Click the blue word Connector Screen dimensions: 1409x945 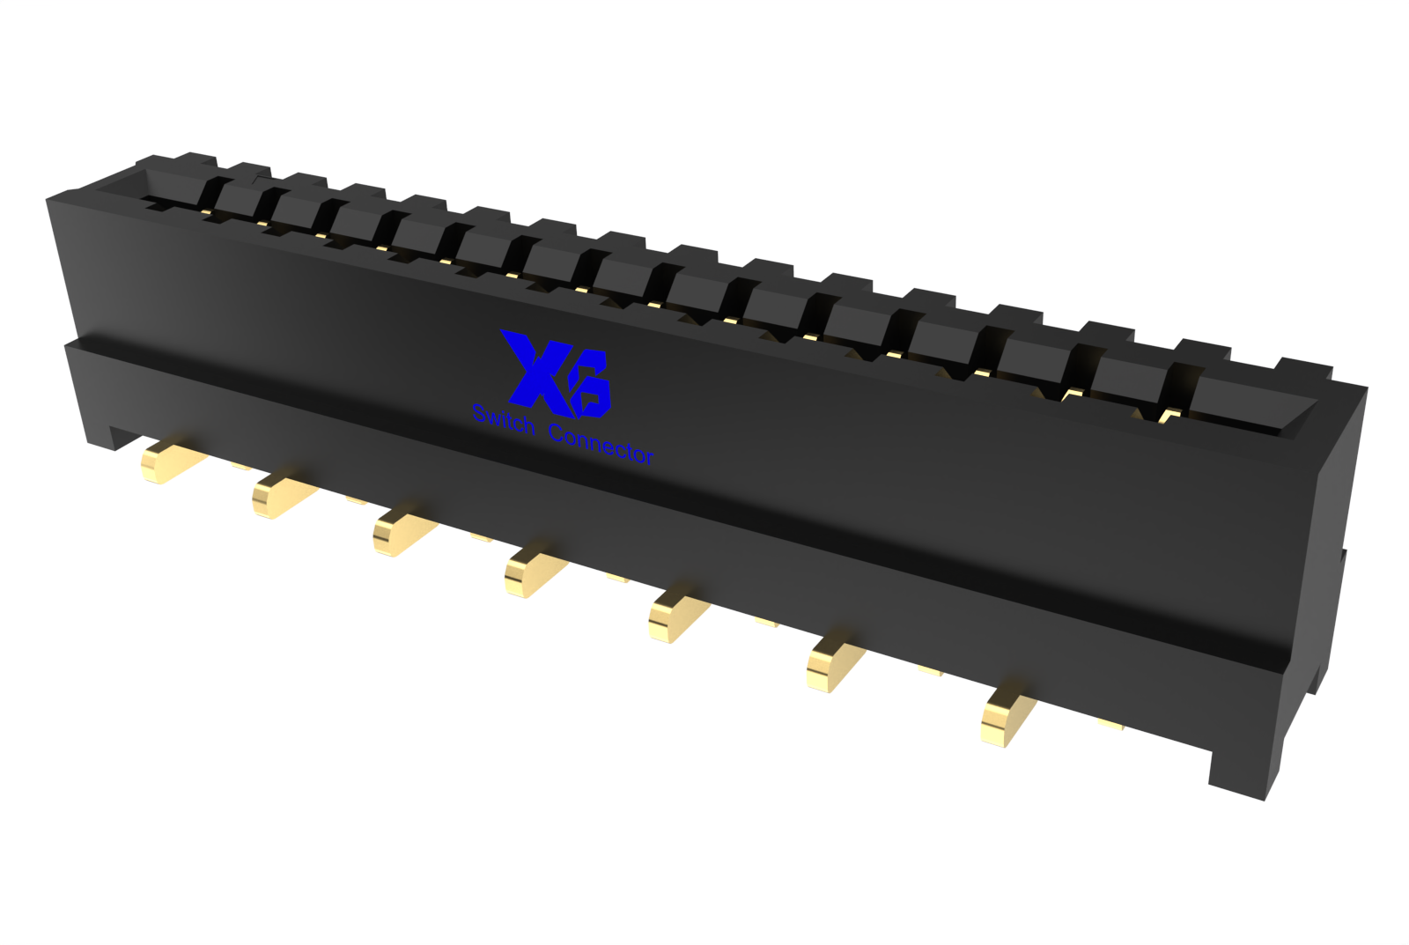click(x=601, y=446)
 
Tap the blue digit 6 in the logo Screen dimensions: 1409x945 click(x=591, y=385)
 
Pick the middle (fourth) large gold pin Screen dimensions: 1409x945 click(x=535, y=572)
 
